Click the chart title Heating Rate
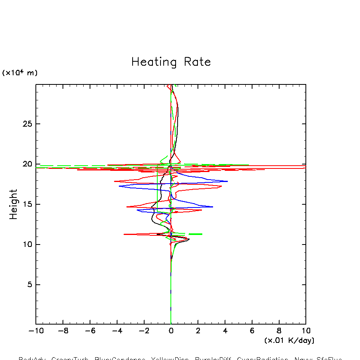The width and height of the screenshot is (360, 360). (x=171, y=62)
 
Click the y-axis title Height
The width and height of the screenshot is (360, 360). (x=14, y=204)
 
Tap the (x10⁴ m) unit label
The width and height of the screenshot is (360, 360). (x=20, y=73)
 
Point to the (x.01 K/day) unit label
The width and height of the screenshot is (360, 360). (x=289, y=340)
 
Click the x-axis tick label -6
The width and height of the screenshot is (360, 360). (x=90, y=331)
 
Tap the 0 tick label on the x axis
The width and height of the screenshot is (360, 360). (x=171, y=331)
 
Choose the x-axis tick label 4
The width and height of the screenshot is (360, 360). (x=225, y=331)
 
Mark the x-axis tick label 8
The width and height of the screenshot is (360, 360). (x=279, y=331)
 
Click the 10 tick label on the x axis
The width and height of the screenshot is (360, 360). (x=306, y=331)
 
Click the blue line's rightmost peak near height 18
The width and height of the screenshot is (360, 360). (x=227, y=181)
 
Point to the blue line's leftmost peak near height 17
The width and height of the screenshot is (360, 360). (x=119, y=186)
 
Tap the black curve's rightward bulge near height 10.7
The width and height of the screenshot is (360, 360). (x=189, y=239)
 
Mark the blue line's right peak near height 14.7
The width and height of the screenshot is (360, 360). (x=213, y=207)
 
